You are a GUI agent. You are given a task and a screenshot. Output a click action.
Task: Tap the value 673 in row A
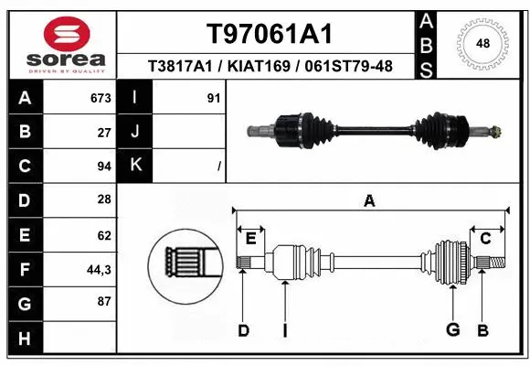point(101,97)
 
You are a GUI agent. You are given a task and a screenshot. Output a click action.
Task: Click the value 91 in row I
point(214,97)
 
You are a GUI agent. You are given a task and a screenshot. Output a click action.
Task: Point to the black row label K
point(135,166)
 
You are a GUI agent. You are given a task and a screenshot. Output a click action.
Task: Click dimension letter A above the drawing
point(369,200)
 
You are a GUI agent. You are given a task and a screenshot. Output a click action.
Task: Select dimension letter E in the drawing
point(250,238)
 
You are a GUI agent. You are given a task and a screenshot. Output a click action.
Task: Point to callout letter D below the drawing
point(243,330)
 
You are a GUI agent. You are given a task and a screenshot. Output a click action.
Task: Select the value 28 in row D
point(104,199)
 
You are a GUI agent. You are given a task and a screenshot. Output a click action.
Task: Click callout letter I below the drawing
point(285,330)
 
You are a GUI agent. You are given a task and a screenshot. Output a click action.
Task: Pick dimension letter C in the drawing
point(485,238)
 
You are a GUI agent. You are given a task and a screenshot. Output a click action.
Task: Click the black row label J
point(135,132)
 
